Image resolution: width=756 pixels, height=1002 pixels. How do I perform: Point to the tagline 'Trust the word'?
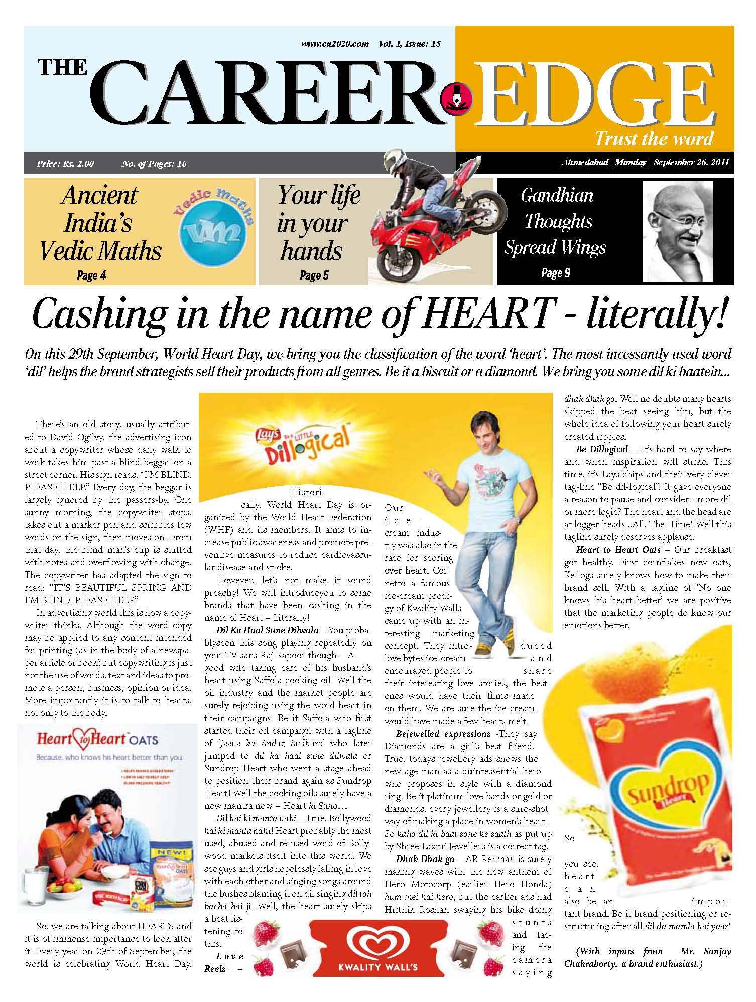(654, 138)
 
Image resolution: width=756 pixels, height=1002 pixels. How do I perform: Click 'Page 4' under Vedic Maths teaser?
(91, 275)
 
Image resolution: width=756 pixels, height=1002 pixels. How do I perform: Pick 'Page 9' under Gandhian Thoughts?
(555, 273)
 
